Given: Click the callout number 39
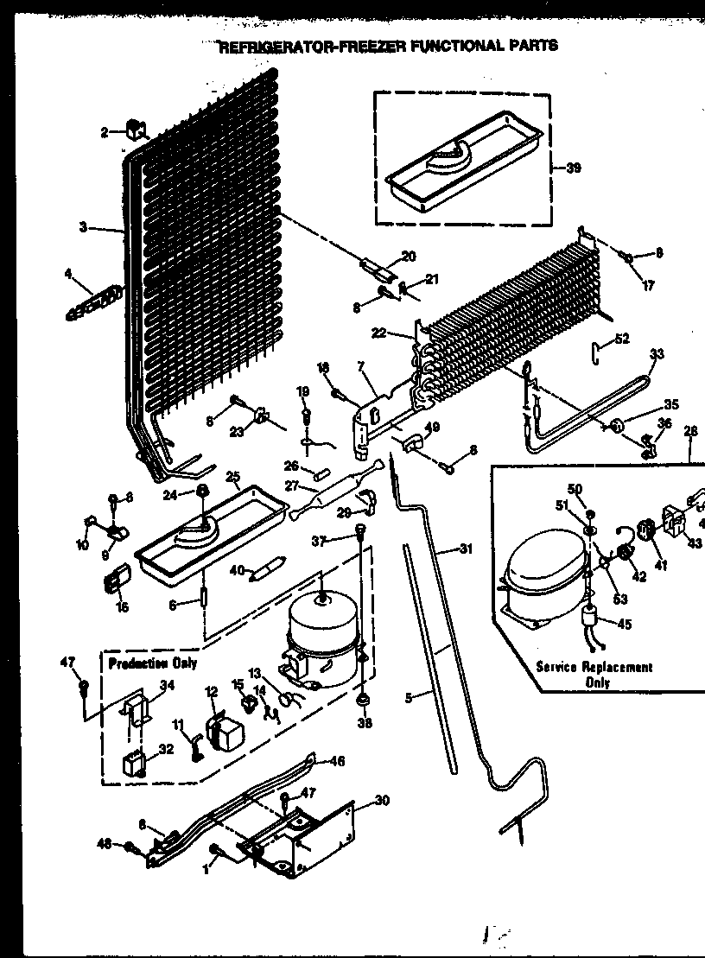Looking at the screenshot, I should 574,168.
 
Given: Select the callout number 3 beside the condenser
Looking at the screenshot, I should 83,227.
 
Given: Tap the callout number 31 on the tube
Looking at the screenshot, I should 467,548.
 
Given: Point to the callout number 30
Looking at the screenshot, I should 382,800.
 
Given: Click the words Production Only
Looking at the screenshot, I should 153,663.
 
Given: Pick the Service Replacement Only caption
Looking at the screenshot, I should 594,674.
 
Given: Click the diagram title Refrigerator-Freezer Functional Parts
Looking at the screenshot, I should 388,46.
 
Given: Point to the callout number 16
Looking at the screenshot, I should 122,607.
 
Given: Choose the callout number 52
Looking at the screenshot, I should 622,339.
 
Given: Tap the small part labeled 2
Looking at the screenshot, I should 134,130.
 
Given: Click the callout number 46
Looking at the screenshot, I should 337,761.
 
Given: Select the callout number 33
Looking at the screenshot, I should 657,353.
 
